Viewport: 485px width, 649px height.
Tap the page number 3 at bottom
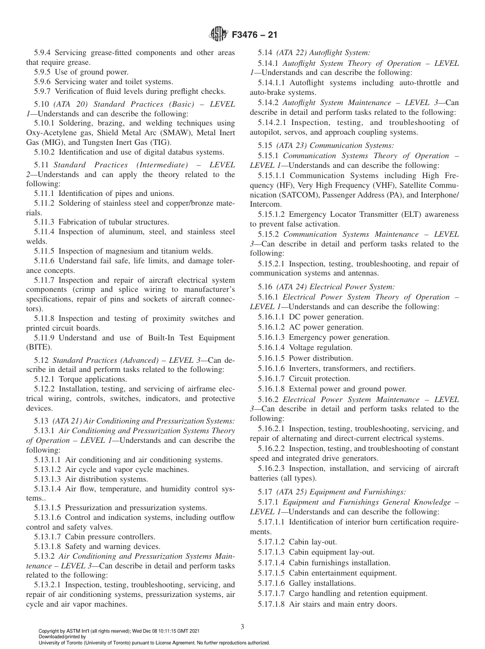coord(242,627)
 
